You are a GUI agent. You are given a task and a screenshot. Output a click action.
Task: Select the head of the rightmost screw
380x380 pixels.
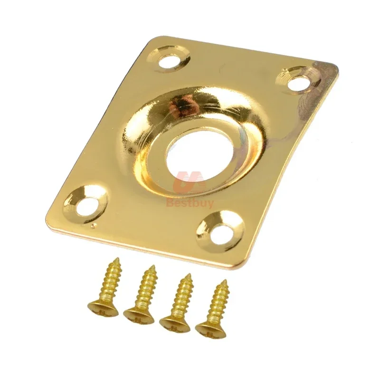[209, 326]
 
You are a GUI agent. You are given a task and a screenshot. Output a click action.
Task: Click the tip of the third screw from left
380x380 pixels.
[189, 274]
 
